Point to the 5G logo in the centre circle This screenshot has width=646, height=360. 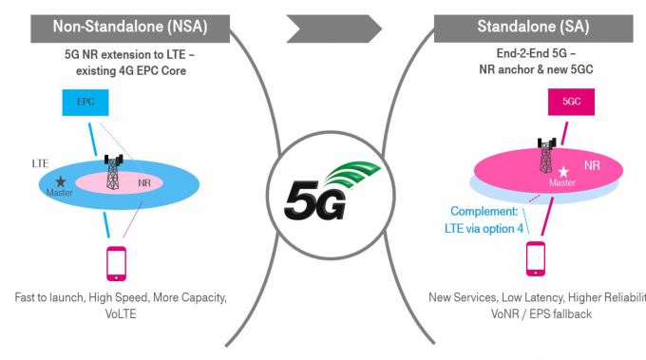click(x=324, y=186)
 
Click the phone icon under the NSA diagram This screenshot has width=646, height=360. click(x=116, y=262)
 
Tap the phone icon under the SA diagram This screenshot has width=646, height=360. click(x=535, y=258)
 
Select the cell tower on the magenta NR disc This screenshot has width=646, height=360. click(x=546, y=155)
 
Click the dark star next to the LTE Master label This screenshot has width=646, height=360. click(x=60, y=180)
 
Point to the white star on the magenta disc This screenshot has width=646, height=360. click(x=564, y=172)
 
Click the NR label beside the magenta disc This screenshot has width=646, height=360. click(x=592, y=164)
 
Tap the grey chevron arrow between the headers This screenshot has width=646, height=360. click(x=324, y=26)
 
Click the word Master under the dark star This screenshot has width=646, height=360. click(x=60, y=193)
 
